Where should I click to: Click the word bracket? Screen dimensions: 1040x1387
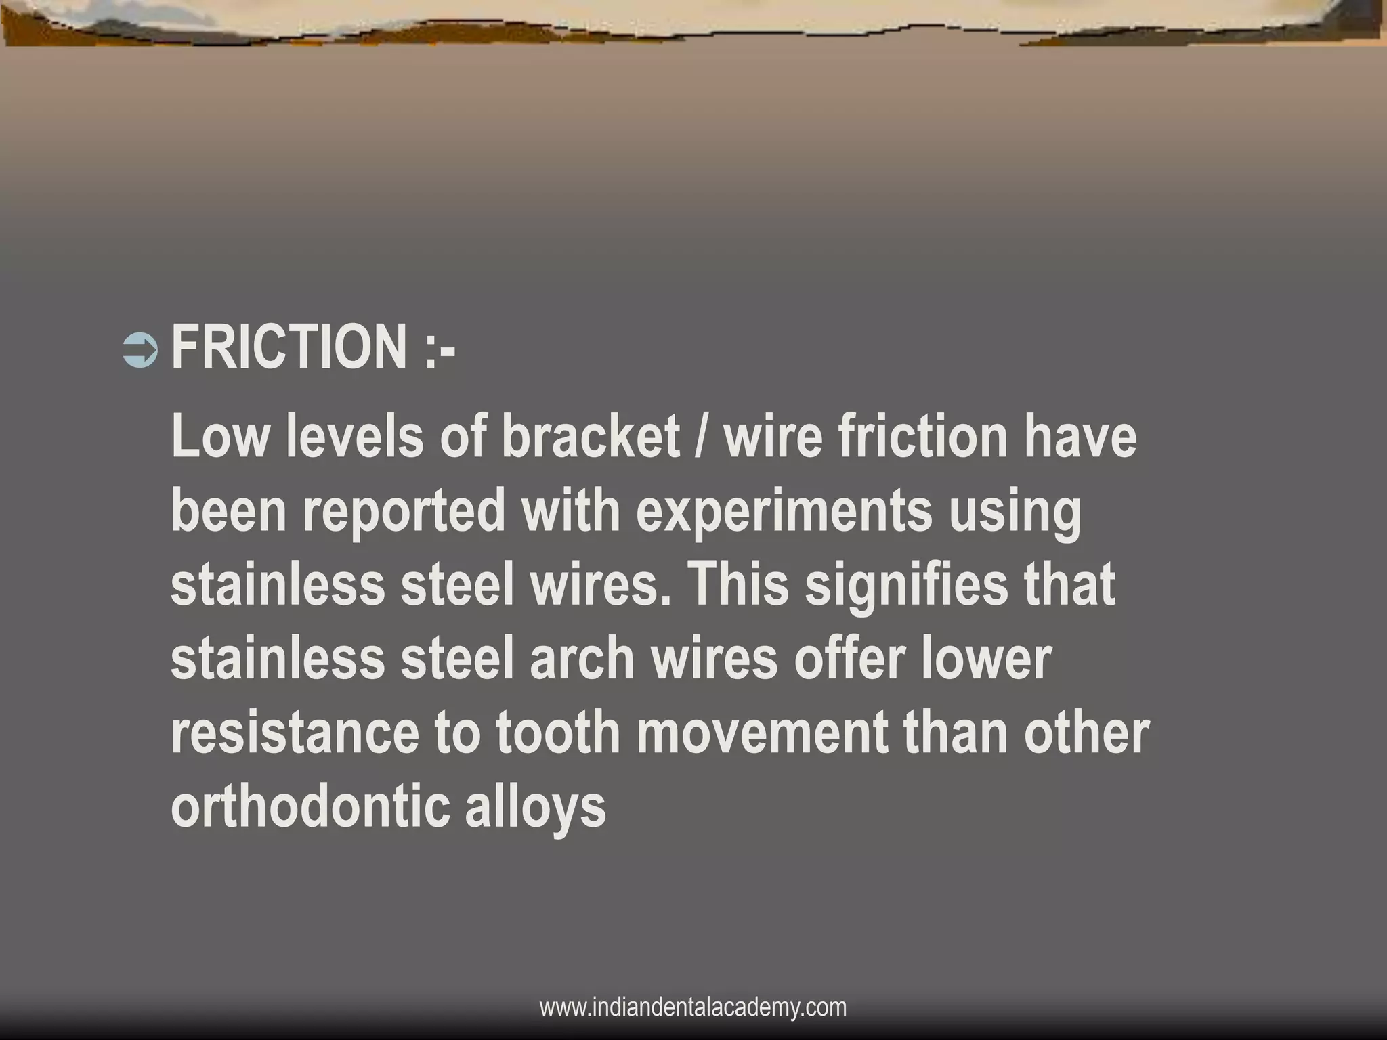pyautogui.click(x=590, y=437)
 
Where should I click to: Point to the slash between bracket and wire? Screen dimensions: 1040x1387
pyautogui.click(x=702, y=437)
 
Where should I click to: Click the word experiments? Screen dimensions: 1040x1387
pyautogui.click(x=784, y=511)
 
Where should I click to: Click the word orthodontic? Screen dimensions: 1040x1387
pyautogui.click(x=310, y=807)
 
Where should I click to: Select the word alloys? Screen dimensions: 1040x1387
pyautogui.click(x=535, y=807)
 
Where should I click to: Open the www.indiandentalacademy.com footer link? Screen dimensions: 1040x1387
pyautogui.click(x=693, y=1007)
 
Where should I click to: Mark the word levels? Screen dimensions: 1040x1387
pyautogui.click(x=354, y=437)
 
